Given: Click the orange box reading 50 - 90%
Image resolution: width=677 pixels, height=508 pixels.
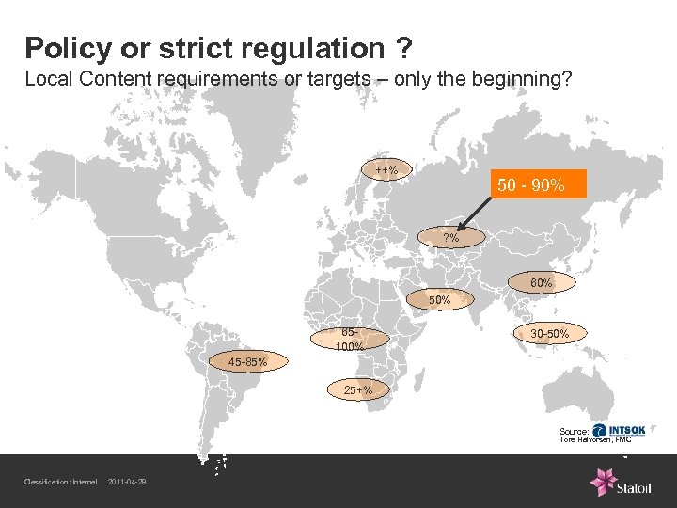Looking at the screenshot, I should pyautogui.click(x=531, y=185).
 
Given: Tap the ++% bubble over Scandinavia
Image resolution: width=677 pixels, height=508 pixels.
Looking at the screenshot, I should pyautogui.click(x=386, y=170).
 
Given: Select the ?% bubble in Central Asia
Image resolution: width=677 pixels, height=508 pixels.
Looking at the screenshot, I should pyautogui.click(x=451, y=238).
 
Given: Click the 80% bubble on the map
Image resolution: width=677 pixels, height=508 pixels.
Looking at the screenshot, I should pyautogui.click(x=540, y=282).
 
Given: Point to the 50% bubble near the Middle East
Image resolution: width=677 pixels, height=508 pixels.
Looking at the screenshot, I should pyautogui.click(x=439, y=300).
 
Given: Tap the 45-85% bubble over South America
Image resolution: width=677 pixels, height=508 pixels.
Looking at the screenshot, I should pyautogui.click(x=248, y=361).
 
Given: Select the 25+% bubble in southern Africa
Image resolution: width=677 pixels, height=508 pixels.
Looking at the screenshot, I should pyautogui.click(x=358, y=389).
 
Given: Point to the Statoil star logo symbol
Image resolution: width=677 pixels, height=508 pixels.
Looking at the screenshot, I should pyautogui.click(x=602, y=482).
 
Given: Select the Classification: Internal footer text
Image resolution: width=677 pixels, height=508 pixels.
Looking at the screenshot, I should pyautogui.click(x=60, y=484).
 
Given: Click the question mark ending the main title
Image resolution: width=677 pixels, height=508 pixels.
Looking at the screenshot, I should pyautogui.click(x=401, y=47).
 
